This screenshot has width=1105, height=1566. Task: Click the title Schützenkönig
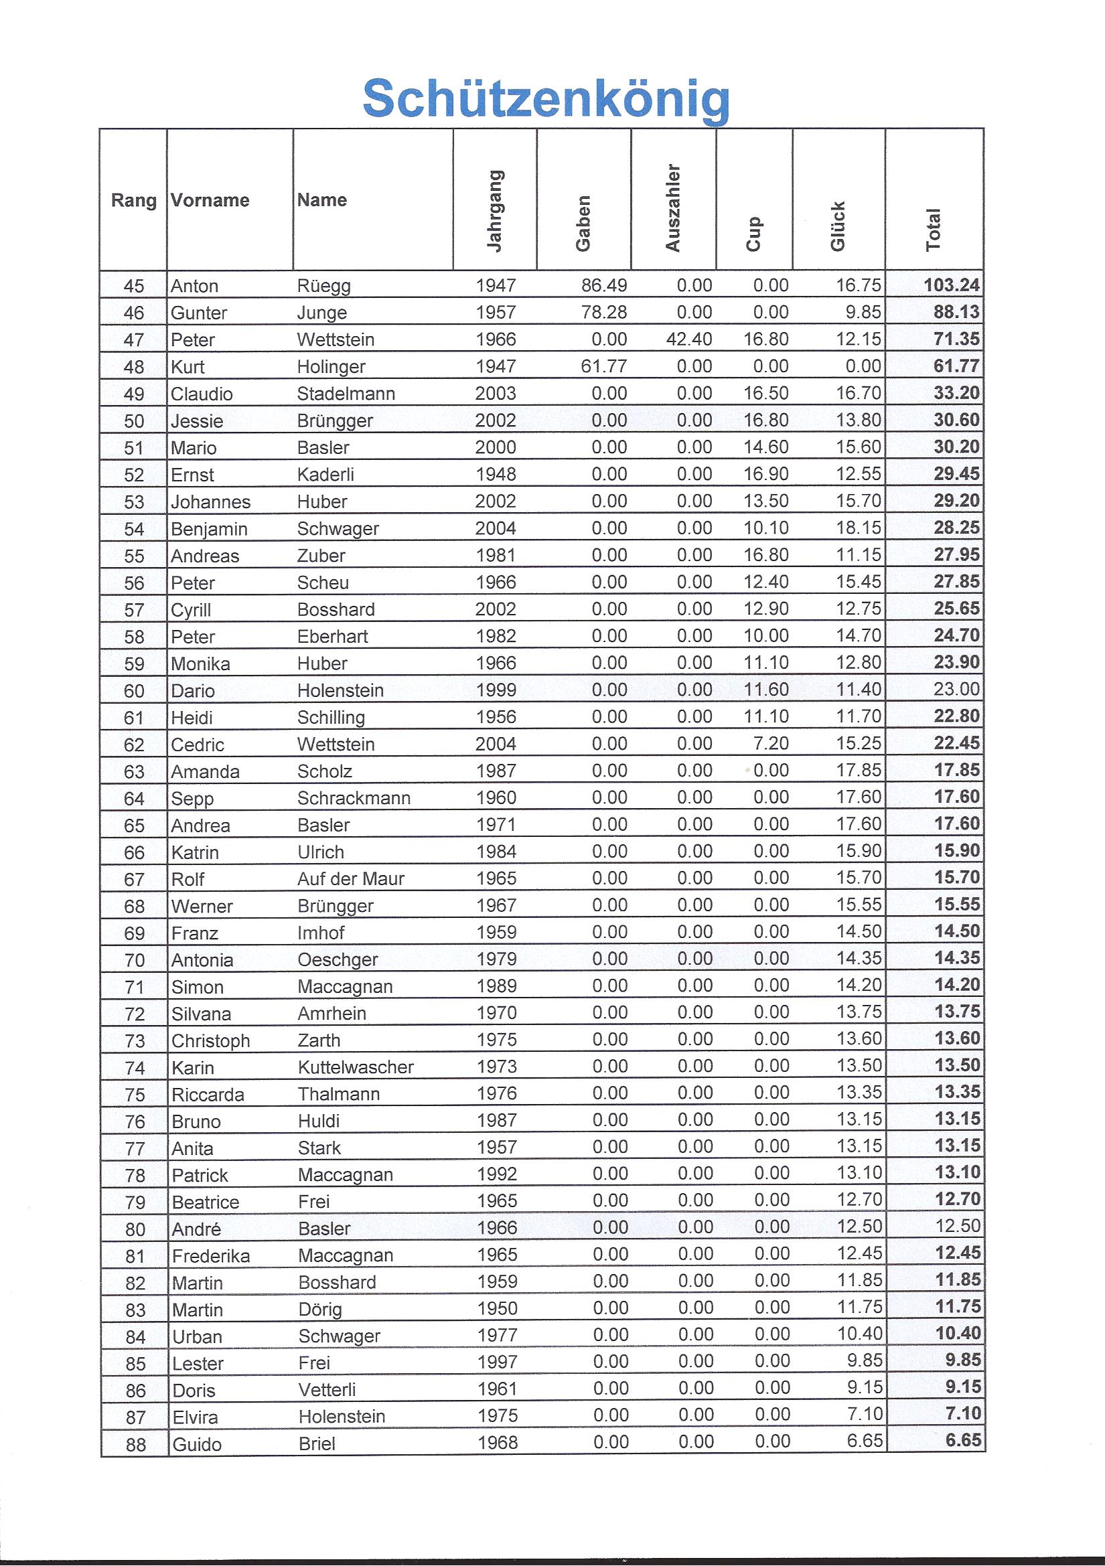[x=546, y=100]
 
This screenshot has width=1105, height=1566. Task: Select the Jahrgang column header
[x=494, y=211]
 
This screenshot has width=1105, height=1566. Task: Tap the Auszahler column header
[x=672, y=208]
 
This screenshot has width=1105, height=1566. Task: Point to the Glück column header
[x=838, y=226]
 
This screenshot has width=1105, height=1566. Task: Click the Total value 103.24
[x=952, y=285]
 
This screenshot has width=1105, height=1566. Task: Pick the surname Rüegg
[x=323, y=286]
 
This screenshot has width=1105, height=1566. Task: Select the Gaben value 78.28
[x=603, y=313]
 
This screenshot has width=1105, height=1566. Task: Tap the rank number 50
[x=134, y=421]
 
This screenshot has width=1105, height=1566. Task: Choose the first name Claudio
[x=201, y=394]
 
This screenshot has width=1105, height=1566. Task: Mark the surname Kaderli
[x=325, y=475]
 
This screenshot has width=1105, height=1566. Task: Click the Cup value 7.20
[x=772, y=742]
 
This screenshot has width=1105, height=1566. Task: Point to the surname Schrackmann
[x=354, y=798]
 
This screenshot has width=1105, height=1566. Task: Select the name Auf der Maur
[x=351, y=878]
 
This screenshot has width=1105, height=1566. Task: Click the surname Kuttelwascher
[x=356, y=1067]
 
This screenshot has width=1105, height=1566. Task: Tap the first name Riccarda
[x=208, y=1095]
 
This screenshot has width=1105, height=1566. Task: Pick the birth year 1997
[x=497, y=1362]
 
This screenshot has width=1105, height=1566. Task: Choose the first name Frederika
[x=211, y=1255]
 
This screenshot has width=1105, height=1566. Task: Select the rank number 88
[x=135, y=1444]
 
